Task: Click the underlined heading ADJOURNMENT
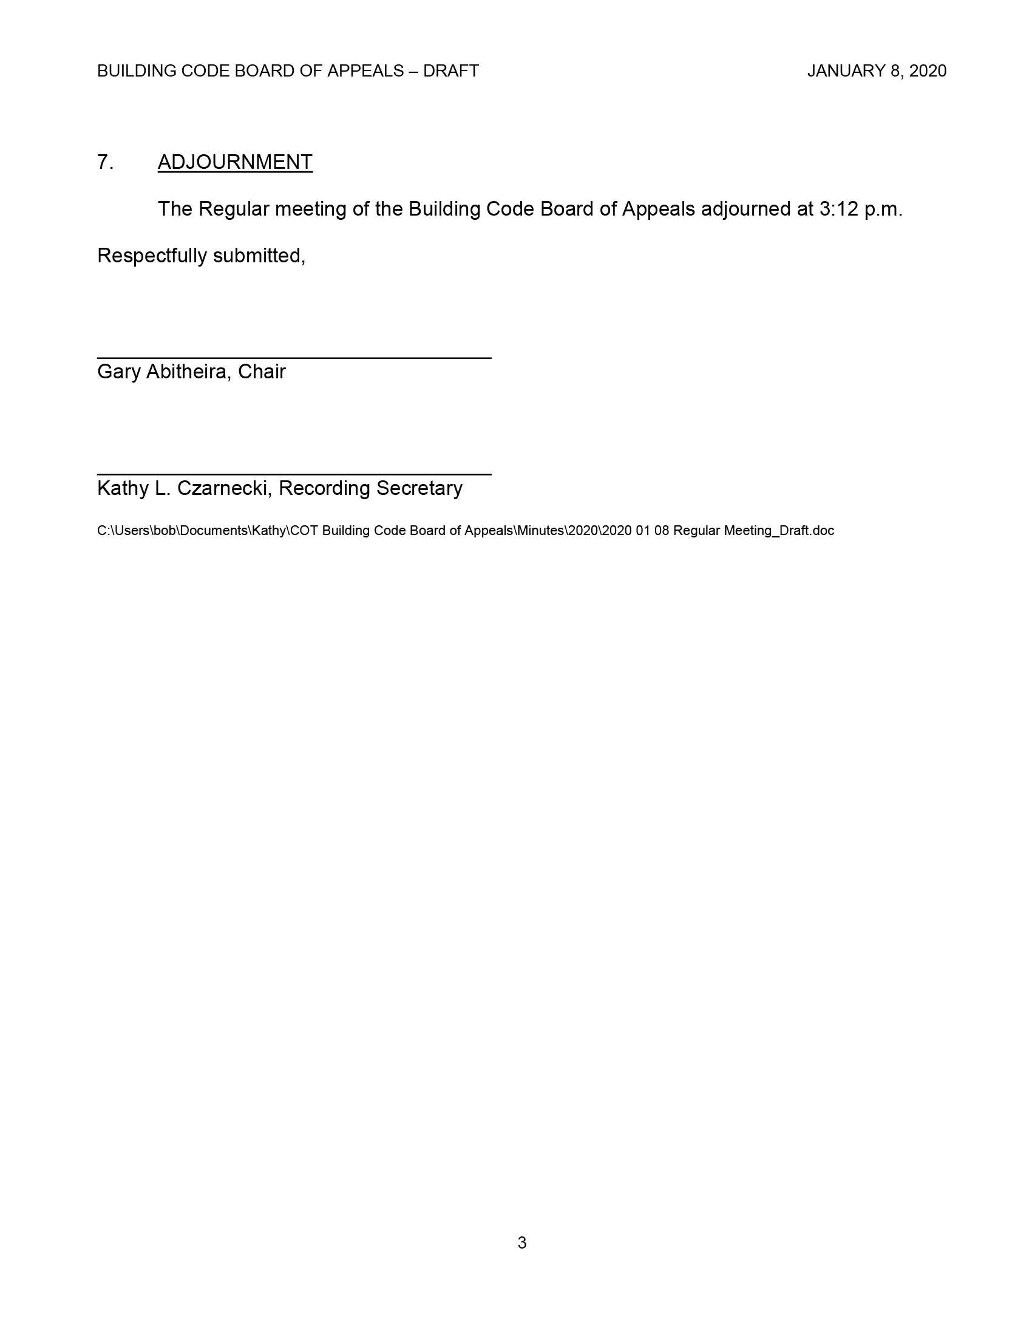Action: (x=235, y=162)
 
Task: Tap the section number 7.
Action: (x=105, y=162)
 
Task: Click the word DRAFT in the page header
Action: (x=450, y=71)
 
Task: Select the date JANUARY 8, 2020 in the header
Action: (x=876, y=71)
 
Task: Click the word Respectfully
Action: (x=152, y=256)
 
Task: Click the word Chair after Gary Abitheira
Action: (x=262, y=372)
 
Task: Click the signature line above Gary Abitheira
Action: (x=294, y=358)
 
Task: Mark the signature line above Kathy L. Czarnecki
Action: (x=294, y=474)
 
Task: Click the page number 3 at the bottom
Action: (x=521, y=1242)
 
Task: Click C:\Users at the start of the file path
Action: (x=123, y=530)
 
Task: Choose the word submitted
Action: (x=259, y=256)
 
